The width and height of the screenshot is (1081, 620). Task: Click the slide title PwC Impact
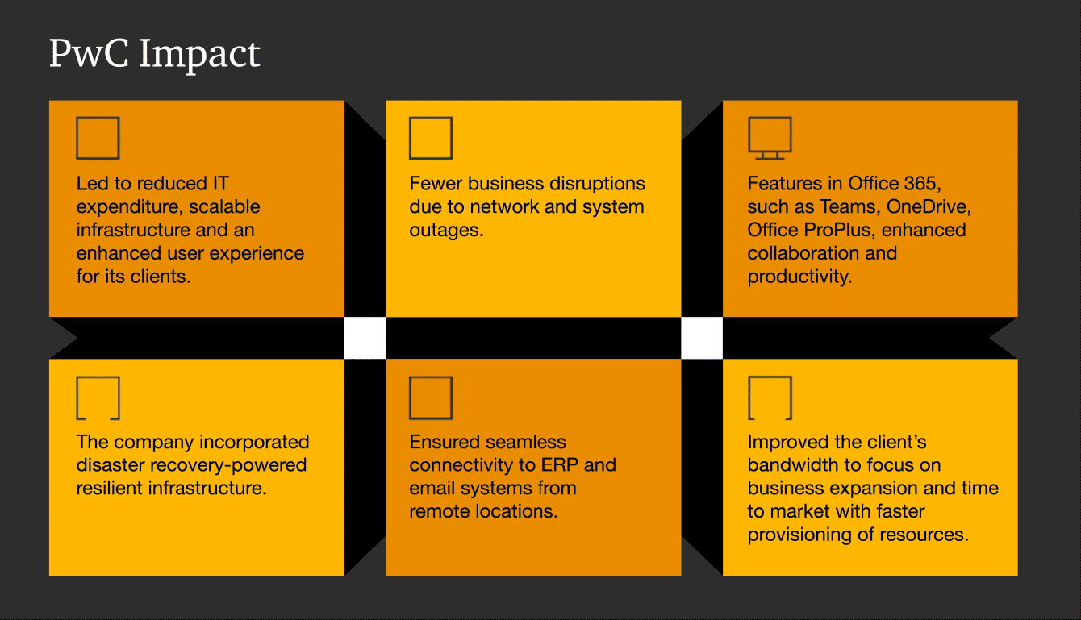click(154, 55)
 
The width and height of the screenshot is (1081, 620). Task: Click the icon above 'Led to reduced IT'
click(98, 138)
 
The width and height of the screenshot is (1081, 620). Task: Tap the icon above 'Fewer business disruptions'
click(431, 138)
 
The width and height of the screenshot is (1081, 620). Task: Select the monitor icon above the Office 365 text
click(770, 138)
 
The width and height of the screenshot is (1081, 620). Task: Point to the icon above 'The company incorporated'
click(98, 397)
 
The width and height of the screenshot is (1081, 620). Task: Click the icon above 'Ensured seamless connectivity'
click(431, 397)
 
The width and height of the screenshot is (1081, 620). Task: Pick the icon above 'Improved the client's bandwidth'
click(770, 397)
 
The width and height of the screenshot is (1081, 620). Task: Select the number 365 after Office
click(924, 184)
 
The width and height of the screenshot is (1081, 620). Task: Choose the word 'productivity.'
click(799, 277)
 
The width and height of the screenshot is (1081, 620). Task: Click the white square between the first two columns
click(365, 338)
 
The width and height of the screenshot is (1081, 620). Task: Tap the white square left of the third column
click(702, 338)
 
